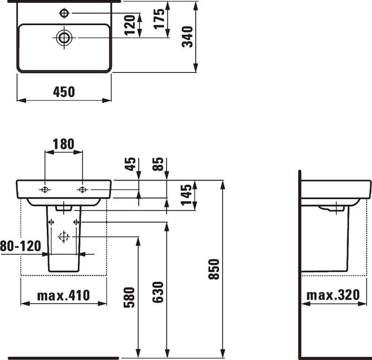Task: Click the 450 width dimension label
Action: click(64, 92)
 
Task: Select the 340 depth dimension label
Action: click(188, 37)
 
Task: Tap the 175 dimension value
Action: click(159, 19)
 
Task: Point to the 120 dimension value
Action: click(130, 25)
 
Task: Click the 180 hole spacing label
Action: click(63, 144)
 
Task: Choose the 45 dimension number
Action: click(130, 164)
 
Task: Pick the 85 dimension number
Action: click(158, 164)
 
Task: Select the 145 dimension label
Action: click(186, 195)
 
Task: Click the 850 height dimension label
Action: click(214, 269)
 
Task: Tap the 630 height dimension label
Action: click(158, 292)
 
